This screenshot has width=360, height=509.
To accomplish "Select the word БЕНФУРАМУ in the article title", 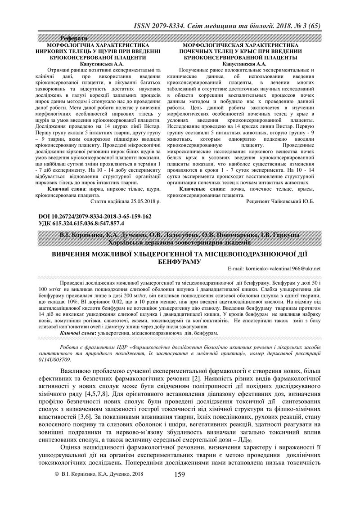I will [180, 261].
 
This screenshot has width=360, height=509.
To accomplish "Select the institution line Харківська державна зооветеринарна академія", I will [180, 242].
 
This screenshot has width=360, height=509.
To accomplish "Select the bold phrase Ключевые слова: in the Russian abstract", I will [200, 190].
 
